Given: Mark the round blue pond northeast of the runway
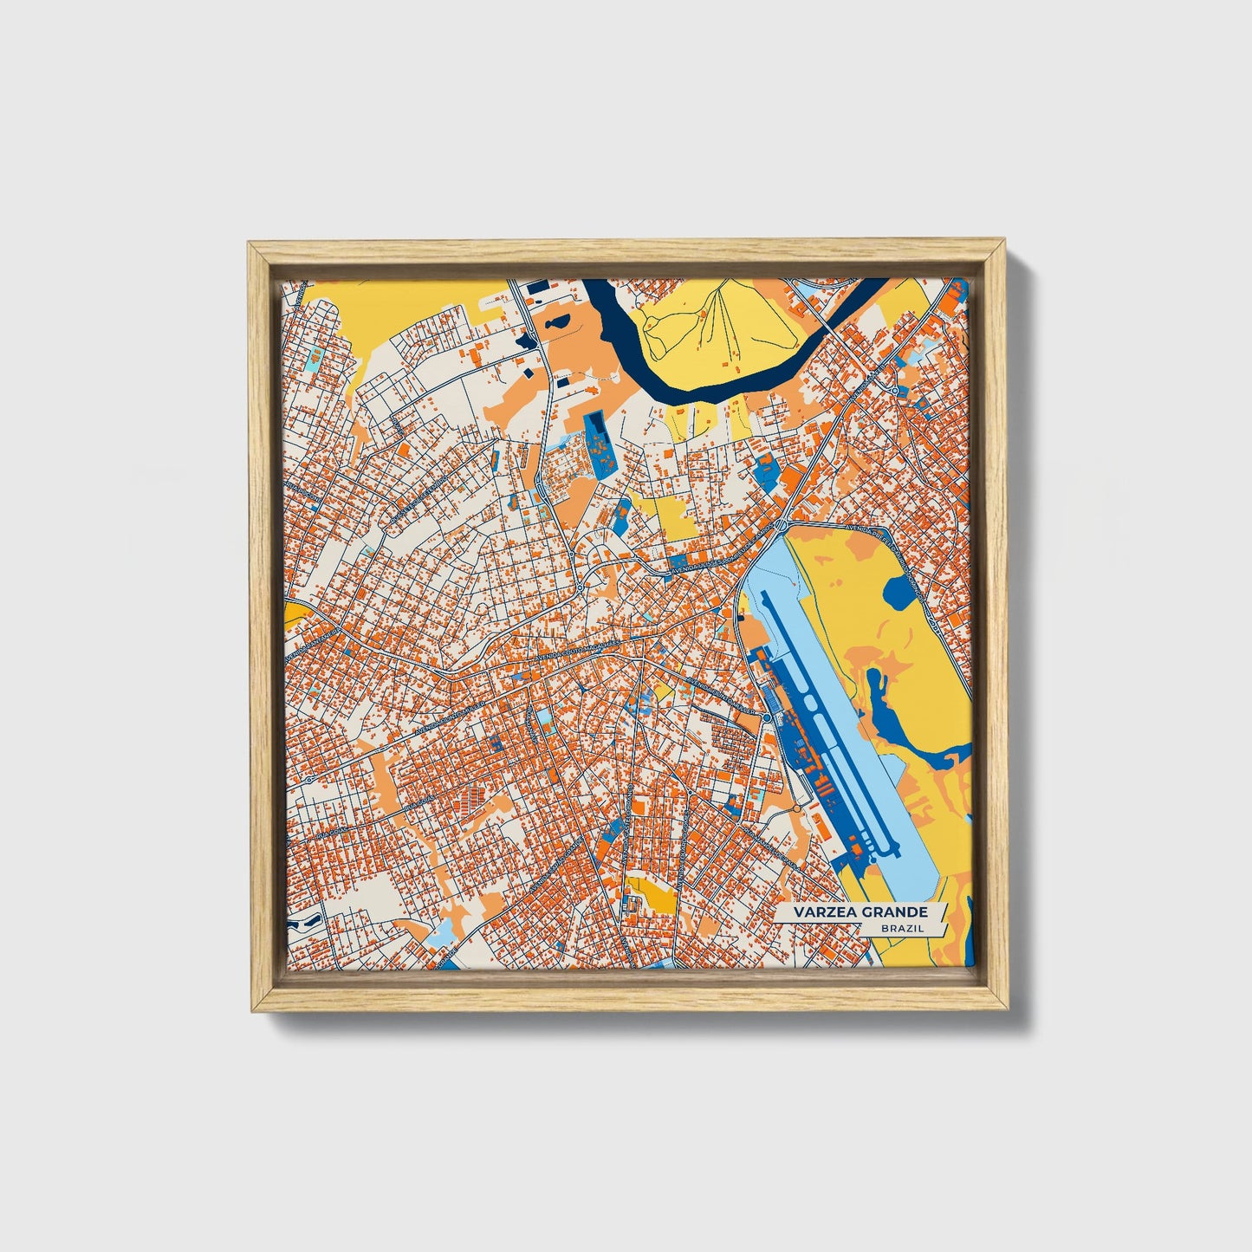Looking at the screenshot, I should (x=899, y=592).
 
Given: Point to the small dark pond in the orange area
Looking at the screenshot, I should (x=555, y=323).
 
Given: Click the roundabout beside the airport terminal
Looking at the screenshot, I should (x=767, y=718).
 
